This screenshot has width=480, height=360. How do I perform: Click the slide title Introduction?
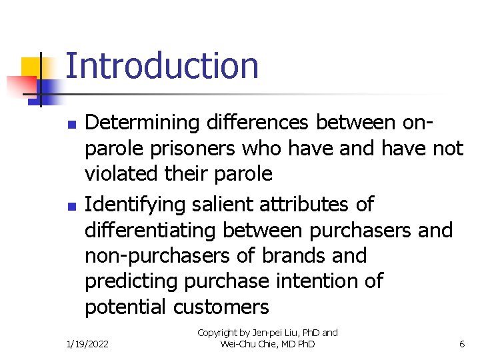click(x=162, y=67)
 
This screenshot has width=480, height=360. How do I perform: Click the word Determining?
click(x=143, y=123)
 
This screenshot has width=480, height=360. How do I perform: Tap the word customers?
click(x=221, y=307)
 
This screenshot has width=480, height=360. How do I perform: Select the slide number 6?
click(x=462, y=344)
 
